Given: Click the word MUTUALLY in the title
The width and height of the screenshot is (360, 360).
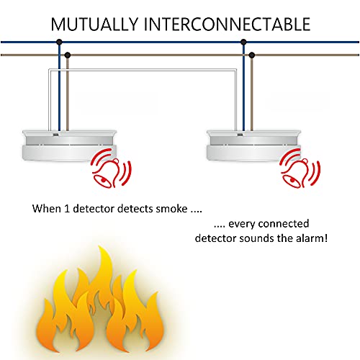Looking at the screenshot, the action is [x=94, y=24].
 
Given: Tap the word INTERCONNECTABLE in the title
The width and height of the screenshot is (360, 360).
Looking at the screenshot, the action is [x=227, y=24].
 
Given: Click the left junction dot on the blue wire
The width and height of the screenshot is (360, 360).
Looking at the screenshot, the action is [x=59, y=42].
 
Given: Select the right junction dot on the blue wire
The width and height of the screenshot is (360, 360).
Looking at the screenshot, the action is [x=243, y=42].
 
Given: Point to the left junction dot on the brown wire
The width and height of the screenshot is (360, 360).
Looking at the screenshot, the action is [x=68, y=55].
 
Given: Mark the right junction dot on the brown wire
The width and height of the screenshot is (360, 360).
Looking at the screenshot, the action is [x=251, y=55].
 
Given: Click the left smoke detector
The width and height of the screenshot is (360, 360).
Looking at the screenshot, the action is [x=69, y=145].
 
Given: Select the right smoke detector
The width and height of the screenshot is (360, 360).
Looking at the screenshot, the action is [x=253, y=145].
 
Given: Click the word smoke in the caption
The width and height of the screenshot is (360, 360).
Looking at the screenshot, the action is [x=171, y=209].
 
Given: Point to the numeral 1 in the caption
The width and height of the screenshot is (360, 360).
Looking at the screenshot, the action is [x=67, y=209].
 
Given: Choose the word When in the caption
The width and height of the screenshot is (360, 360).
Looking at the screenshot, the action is [x=47, y=209].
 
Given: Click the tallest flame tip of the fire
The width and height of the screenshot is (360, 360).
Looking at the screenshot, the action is [x=101, y=246].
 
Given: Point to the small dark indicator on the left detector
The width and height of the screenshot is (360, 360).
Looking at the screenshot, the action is [x=55, y=135].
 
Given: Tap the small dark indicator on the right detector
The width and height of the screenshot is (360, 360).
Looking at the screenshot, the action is [x=240, y=135].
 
